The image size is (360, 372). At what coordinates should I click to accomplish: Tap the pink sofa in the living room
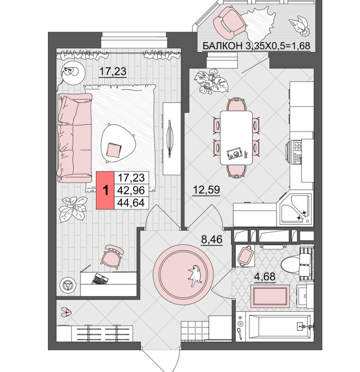pos(74,138)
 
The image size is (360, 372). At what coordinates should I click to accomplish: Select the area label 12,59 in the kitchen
pos(206,190)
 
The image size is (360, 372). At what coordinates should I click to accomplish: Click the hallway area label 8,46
pos(212,239)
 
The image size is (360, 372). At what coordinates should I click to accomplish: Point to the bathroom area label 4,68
pos(265,277)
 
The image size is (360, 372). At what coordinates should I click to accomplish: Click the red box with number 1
pos(105,190)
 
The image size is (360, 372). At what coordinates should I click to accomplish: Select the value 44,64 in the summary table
pos(131,203)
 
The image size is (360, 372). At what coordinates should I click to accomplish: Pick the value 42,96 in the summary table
pos(131,190)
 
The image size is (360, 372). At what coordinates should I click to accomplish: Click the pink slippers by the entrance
pos(66,312)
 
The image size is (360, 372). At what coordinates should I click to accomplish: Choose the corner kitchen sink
pos(295,209)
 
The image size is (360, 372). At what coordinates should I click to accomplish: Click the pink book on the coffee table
pos(113,150)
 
